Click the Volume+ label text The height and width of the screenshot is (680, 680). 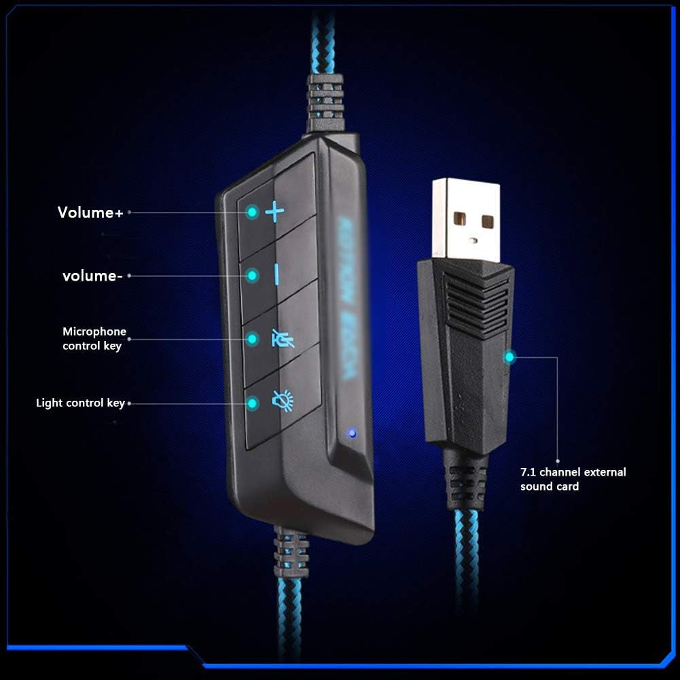pos(90,213)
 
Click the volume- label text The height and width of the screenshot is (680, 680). pos(92,276)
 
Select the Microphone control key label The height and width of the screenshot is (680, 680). pos(94,338)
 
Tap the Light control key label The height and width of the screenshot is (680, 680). pos(80,403)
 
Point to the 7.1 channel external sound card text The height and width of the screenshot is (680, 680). pos(573,479)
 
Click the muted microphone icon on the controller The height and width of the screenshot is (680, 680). pos(283,338)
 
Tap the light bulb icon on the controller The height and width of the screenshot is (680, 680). pos(282,401)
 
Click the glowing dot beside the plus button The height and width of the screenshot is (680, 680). pos(252,213)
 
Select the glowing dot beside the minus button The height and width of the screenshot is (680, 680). pos(253,275)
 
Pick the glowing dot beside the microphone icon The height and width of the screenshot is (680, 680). pos(253,338)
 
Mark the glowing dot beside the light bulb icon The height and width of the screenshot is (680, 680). pos(253,403)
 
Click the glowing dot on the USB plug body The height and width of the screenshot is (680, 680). pos(509,356)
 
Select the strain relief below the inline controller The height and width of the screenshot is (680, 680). pos(291,552)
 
